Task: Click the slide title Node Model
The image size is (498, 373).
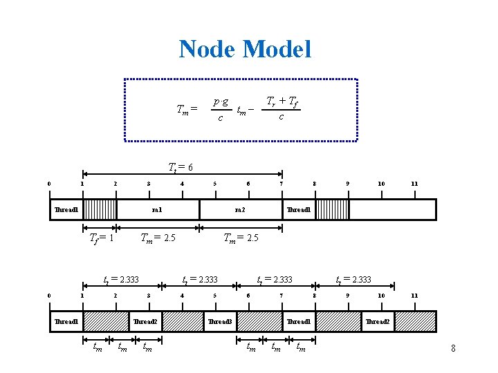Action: [245, 49]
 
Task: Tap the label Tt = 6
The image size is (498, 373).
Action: [181, 167]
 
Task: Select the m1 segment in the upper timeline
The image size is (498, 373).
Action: [157, 209]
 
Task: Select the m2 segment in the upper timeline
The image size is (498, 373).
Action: [240, 209]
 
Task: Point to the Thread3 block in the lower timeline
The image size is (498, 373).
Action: [220, 322]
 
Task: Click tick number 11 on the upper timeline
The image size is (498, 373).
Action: [414, 184]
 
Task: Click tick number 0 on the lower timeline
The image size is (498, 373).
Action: [49, 296]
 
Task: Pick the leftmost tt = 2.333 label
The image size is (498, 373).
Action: [121, 280]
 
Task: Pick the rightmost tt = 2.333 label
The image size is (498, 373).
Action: [353, 280]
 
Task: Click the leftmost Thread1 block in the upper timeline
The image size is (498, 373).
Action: [66, 209]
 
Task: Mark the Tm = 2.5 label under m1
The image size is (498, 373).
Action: [158, 238]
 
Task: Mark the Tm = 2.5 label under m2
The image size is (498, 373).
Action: [241, 238]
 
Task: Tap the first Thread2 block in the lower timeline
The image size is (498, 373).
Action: [145, 322]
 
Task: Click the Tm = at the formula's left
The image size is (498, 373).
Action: [187, 109]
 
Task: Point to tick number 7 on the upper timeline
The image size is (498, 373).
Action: [281, 184]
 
